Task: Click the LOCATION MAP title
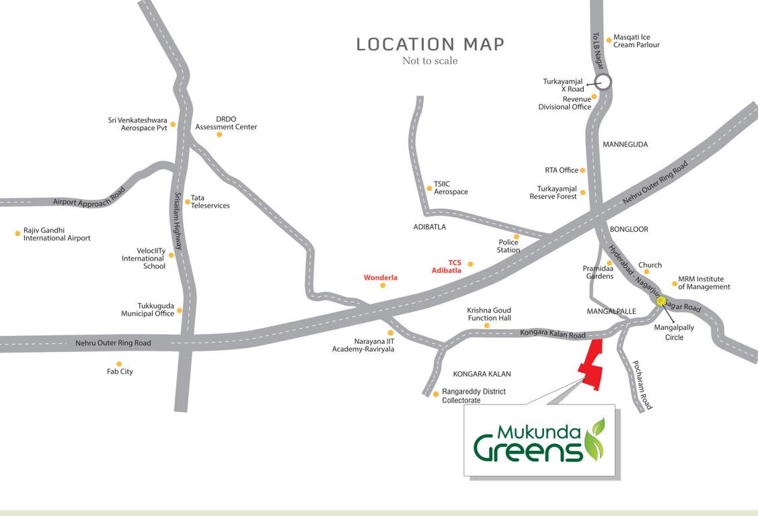click(x=430, y=44)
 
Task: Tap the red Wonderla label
click(x=381, y=277)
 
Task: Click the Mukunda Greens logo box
click(x=539, y=440)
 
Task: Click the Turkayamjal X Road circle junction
click(x=603, y=83)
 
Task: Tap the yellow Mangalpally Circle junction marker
click(x=661, y=301)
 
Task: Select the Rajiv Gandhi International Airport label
click(x=56, y=234)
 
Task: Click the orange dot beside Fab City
click(x=119, y=363)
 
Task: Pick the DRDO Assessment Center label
click(x=226, y=122)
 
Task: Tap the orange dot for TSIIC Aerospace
click(x=429, y=188)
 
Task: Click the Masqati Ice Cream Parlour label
click(x=636, y=41)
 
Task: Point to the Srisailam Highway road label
click(x=178, y=221)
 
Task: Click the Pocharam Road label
click(x=642, y=385)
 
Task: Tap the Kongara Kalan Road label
click(x=552, y=334)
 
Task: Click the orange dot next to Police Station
click(x=517, y=236)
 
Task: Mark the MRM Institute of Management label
click(x=704, y=282)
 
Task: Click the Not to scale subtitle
click(x=430, y=61)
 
